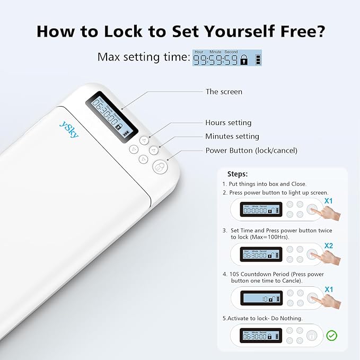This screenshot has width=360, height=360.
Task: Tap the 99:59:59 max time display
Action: click(x=227, y=58)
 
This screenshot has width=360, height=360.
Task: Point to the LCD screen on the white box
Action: click(x=112, y=113)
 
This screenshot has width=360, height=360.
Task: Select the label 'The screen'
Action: click(x=224, y=92)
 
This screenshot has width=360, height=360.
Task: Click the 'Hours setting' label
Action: click(x=229, y=122)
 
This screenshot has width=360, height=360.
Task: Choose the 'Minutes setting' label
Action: click(x=232, y=136)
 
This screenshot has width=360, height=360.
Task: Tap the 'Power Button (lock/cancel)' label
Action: click(x=251, y=151)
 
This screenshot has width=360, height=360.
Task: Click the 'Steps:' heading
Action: click(x=237, y=174)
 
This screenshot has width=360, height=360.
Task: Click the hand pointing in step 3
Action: click(x=326, y=258)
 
